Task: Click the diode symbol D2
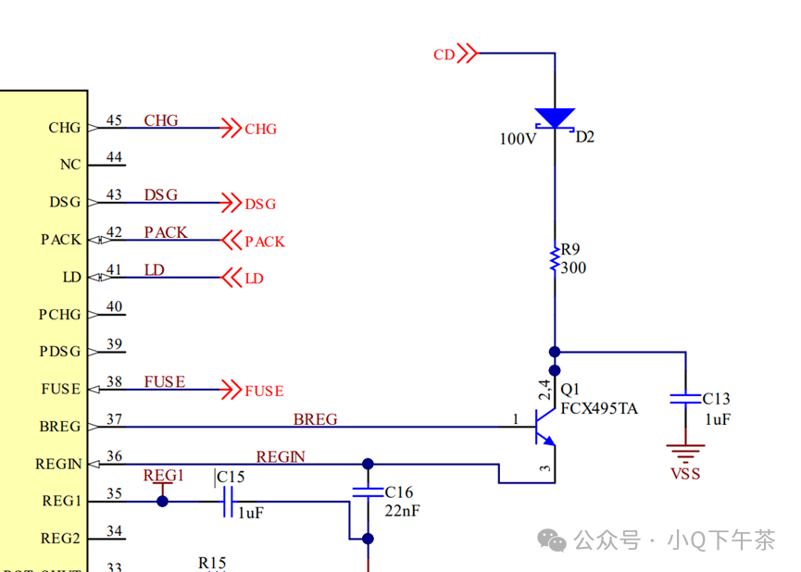coord(555,118)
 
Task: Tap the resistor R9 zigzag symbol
coord(555,258)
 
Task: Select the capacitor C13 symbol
coord(686,398)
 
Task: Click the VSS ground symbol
coord(685,454)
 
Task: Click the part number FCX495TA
coord(599,408)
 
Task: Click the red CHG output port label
coord(260,130)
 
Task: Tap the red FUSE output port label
coord(264,392)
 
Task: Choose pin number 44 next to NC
coord(114,157)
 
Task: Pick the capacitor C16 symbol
coord(368,491)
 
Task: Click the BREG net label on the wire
coord(315,419)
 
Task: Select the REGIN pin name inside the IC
coord(58,465)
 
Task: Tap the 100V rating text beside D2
coord(518,139)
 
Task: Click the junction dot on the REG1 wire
coord(163,502)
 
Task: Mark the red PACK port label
coord(264,242)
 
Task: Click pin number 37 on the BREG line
coord(114,419)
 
